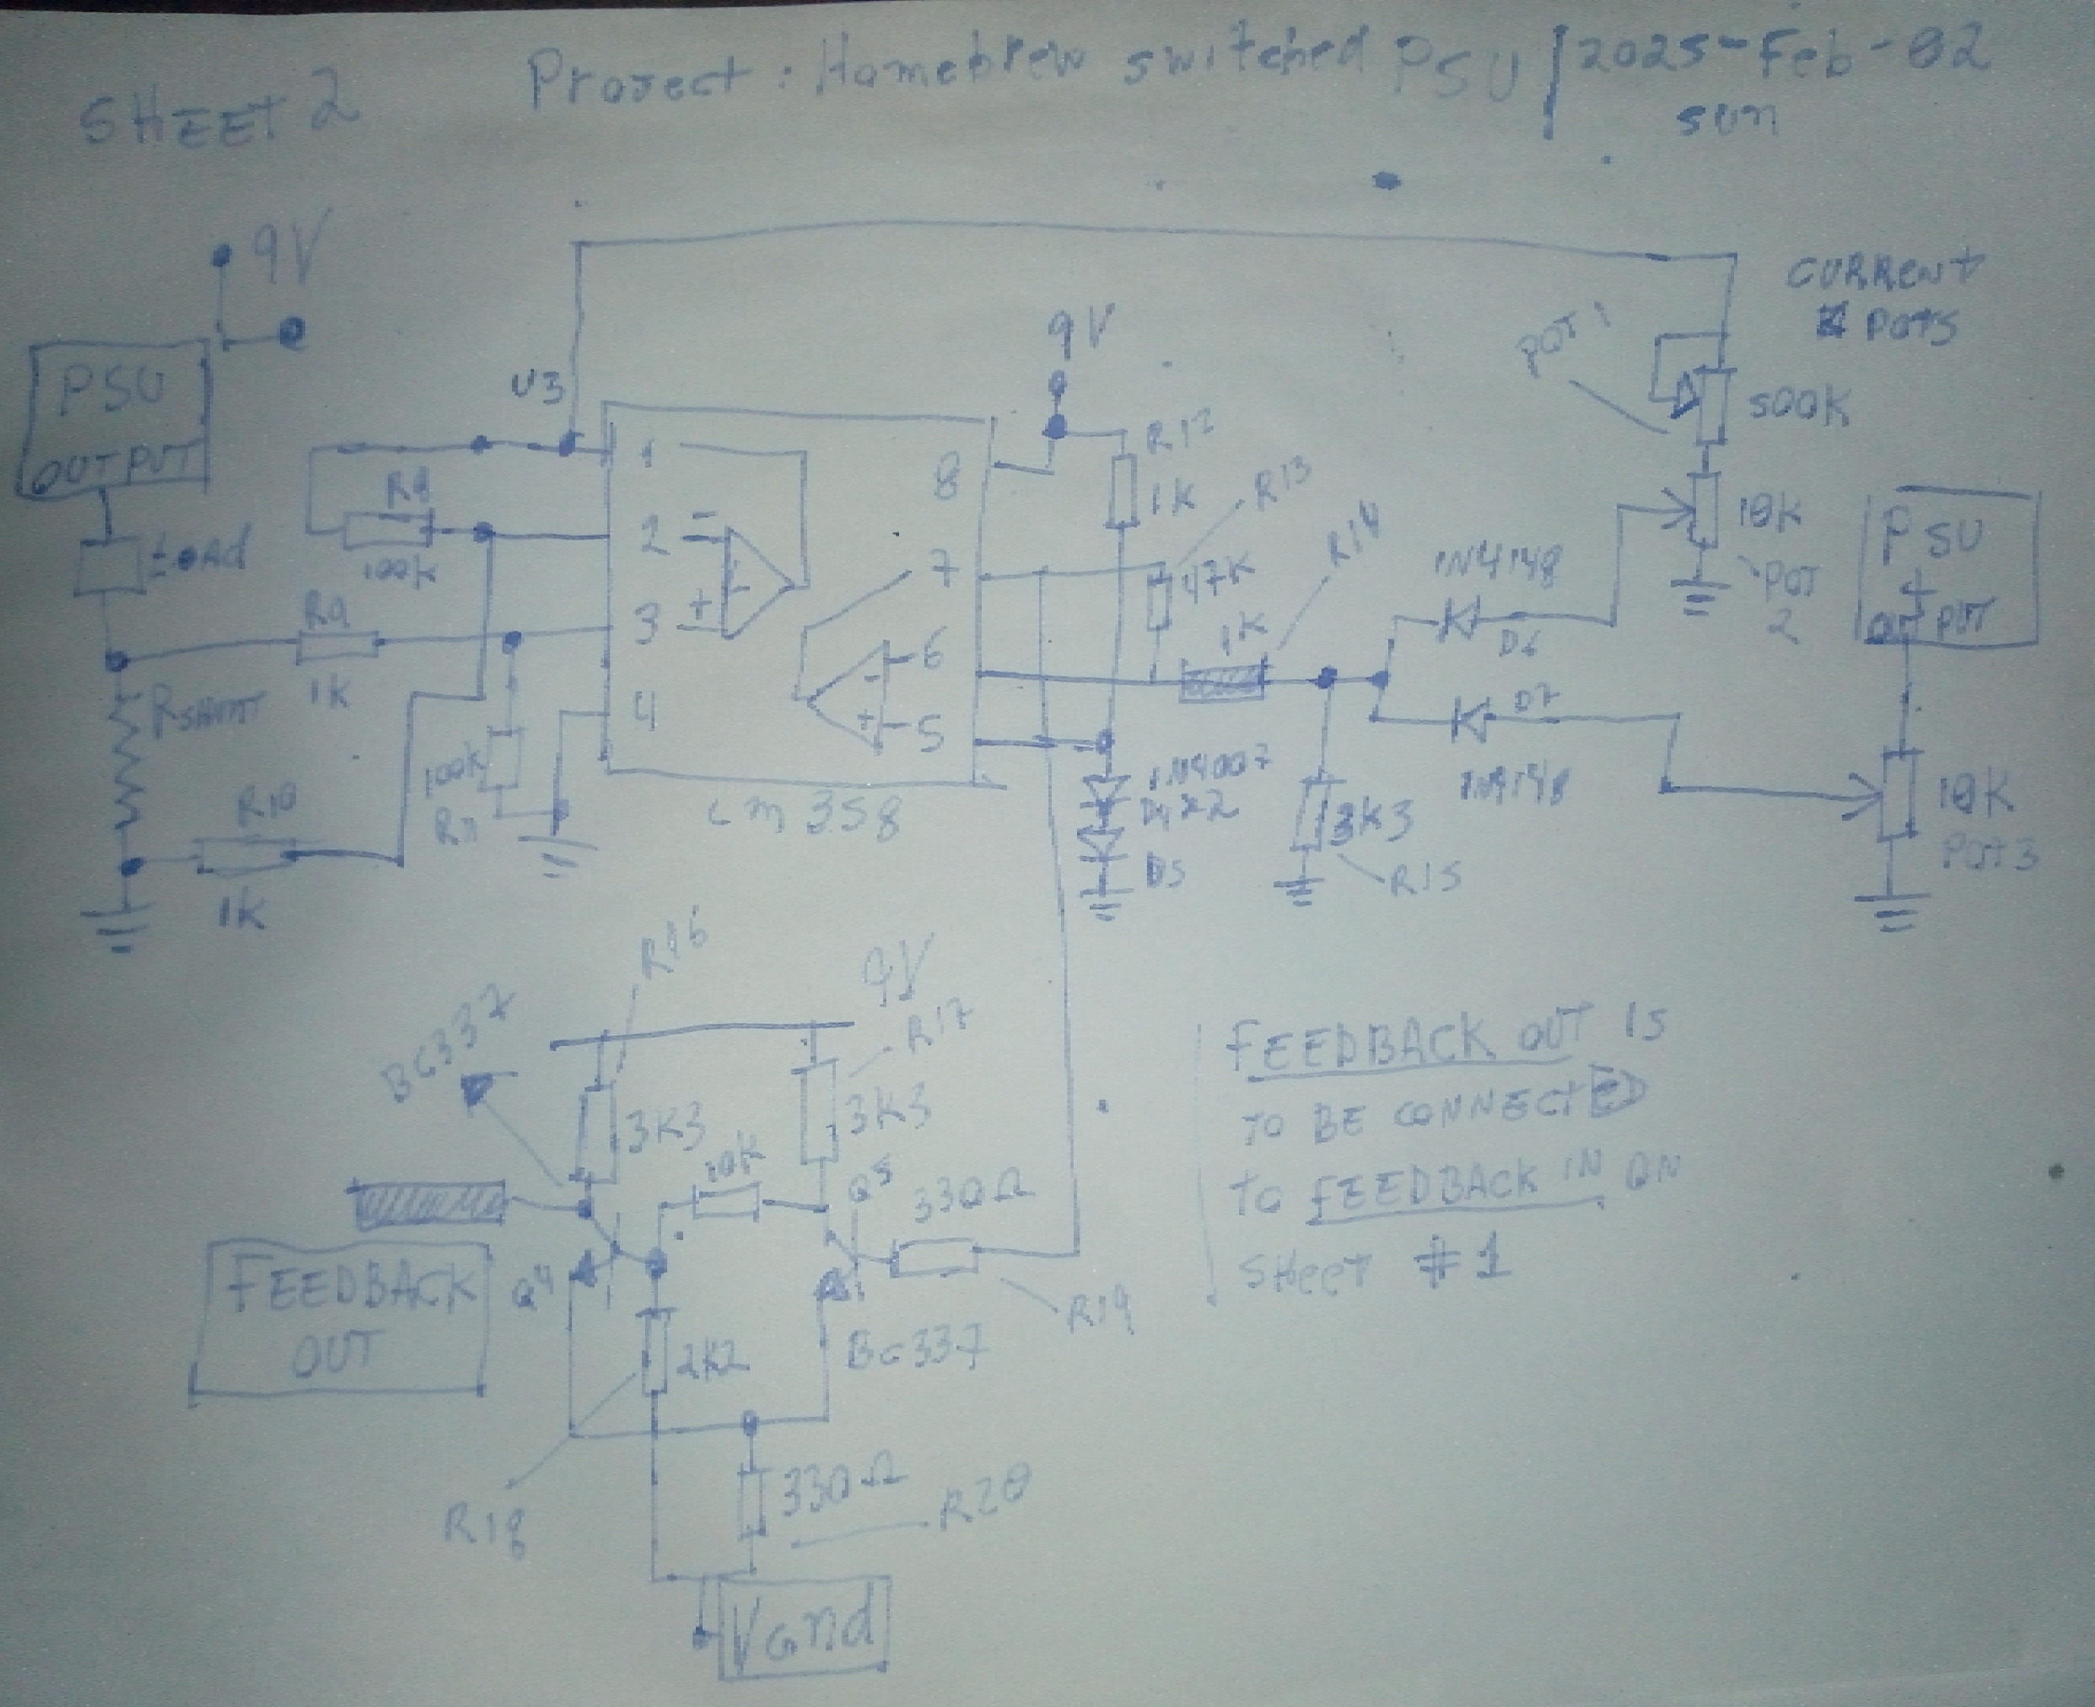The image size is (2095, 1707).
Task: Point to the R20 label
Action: (x=983, y=1502)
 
